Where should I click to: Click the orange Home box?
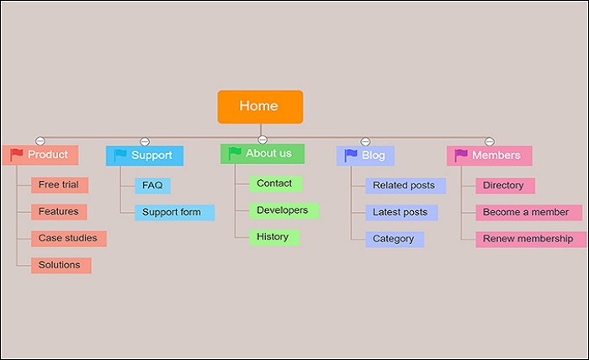(x=260, y=107)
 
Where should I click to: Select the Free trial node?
(x=59, y=185)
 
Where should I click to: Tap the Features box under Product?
(x=59, y=212)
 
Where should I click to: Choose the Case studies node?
(x=68, y=239)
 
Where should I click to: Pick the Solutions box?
(x=61, y=266)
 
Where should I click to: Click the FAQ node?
(x=152, y=185)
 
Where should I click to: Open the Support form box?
(x=173, y=212)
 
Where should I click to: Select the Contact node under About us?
(x=275, y=183)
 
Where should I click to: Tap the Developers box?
(x=283, y=210)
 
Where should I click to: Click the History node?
(x=273, y=237)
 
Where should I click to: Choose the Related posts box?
(x=405, y=186)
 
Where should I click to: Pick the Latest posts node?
(x=401, y=213)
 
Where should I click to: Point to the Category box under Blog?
(x=394, y=239)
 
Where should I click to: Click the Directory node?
(x=504, y=186)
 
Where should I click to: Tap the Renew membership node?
(x=528, y=240)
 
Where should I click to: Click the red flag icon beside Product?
(x=17, y=155)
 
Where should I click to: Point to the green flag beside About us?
(x=235, y=153)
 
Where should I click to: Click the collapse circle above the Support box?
(x=145, y=141)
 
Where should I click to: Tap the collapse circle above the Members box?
(x=490, y=141)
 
